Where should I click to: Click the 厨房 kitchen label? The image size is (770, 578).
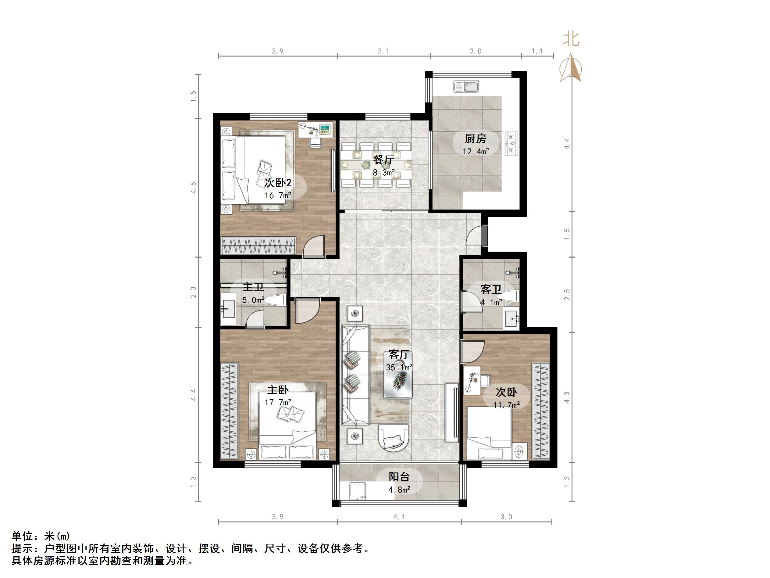(475, 139)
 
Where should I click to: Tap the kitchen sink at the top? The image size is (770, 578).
(466, 86)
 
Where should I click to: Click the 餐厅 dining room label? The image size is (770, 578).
(383, 160)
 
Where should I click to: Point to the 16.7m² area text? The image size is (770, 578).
(277, 196)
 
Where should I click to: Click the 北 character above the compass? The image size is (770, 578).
(571, 39)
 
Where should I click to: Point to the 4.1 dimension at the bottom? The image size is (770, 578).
(399, 517)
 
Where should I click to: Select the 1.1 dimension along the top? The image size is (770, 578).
(537, 51)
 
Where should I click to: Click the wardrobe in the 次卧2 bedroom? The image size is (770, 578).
(258, 245)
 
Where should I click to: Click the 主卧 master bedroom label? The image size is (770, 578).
(277, 390)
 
